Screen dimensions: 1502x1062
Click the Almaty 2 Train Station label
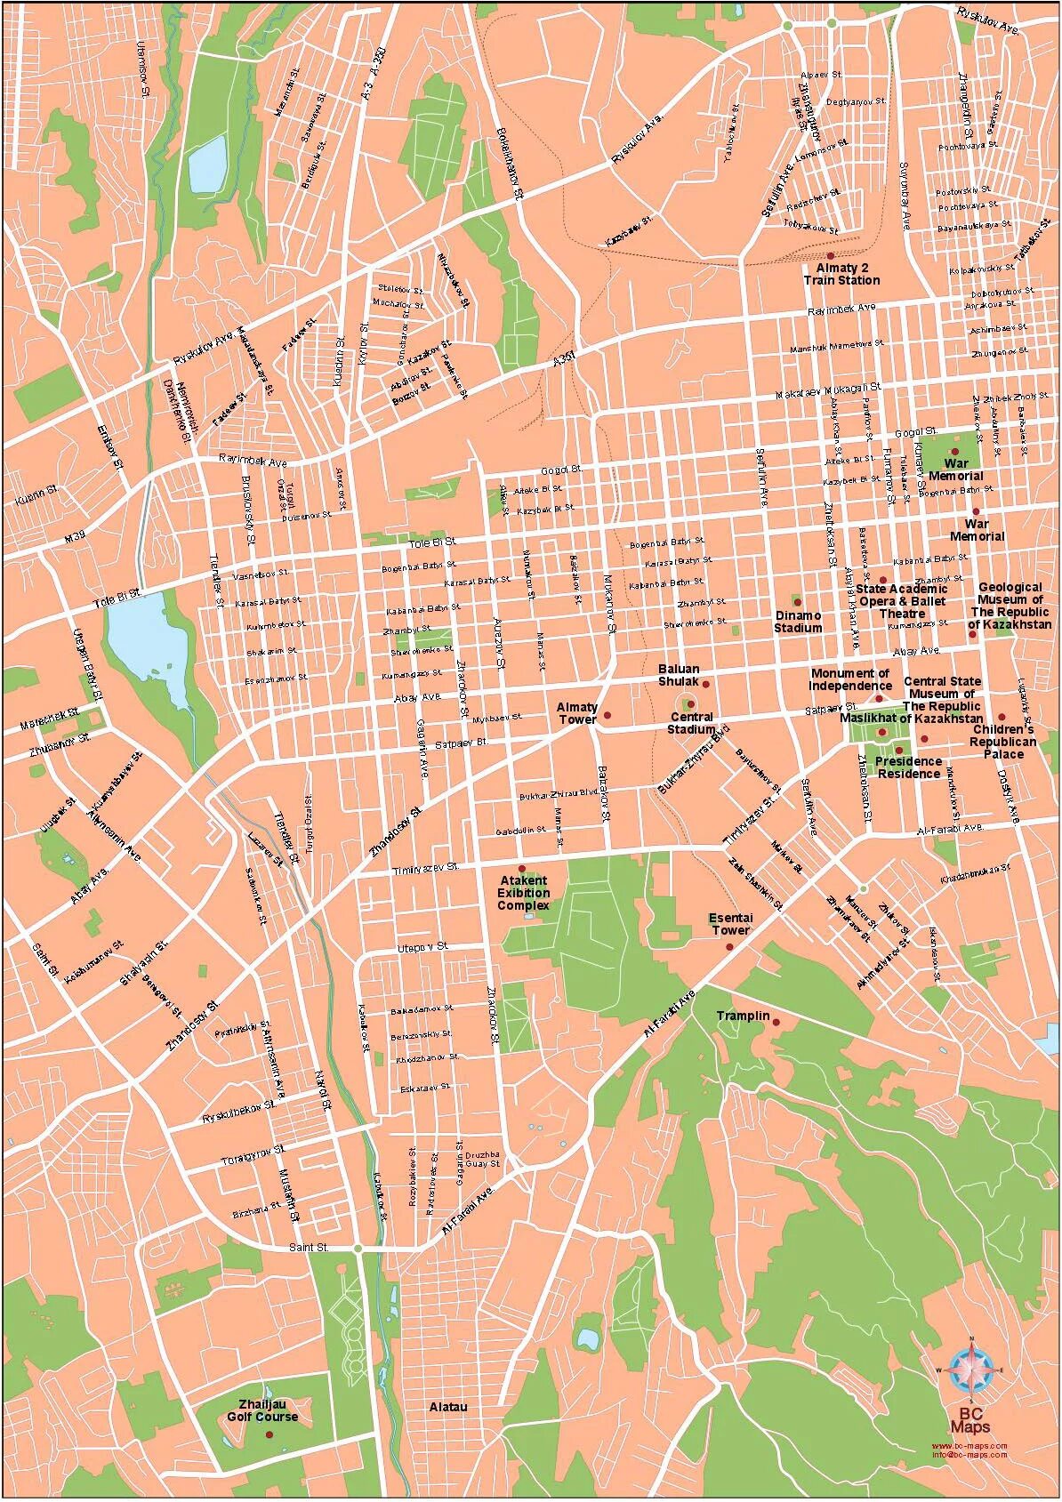click(x=841, y=274)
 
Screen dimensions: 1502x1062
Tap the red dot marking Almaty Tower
click(x=607, y=715)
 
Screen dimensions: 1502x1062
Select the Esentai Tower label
click(x=730, y=924)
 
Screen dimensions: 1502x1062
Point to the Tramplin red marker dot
click(x=776, y=1023)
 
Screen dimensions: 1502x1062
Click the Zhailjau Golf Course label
click(x=262, y=1410)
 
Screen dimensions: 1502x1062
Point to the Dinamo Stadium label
click(x=797, y=622)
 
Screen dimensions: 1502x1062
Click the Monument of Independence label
click(x=850, y=679)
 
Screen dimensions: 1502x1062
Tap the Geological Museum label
click(x=1010, y=606)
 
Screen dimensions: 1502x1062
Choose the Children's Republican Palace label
click(x=1003, y=742)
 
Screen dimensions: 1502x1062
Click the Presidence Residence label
click(x=908, y=767)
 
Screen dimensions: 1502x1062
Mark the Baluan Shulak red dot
click(x=705, y=684)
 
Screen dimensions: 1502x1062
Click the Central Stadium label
click(x=692, y=723)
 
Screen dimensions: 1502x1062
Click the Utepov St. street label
click(x=423, y=947)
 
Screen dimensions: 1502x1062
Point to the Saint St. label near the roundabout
click(x=309, y=1248)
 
